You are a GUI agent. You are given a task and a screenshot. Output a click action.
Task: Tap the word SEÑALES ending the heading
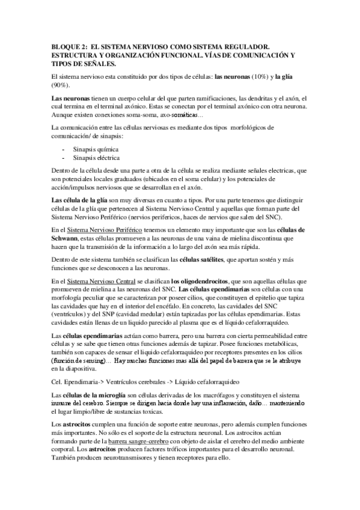[x=93, y=63]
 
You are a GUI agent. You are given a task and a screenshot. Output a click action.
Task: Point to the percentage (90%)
[x=61, y=86]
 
